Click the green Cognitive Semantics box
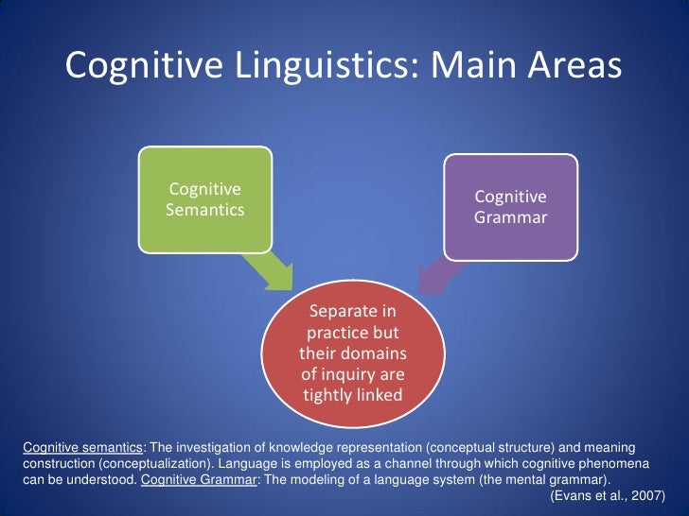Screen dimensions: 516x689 click(205, 199)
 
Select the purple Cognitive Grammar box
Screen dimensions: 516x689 click(510, 207)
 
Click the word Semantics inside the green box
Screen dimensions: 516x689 click(205, 210)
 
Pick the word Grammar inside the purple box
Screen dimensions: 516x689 click(510, 218)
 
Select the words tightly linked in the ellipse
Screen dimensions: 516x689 click(353, 395)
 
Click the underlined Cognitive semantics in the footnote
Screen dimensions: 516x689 click(81, 444)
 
